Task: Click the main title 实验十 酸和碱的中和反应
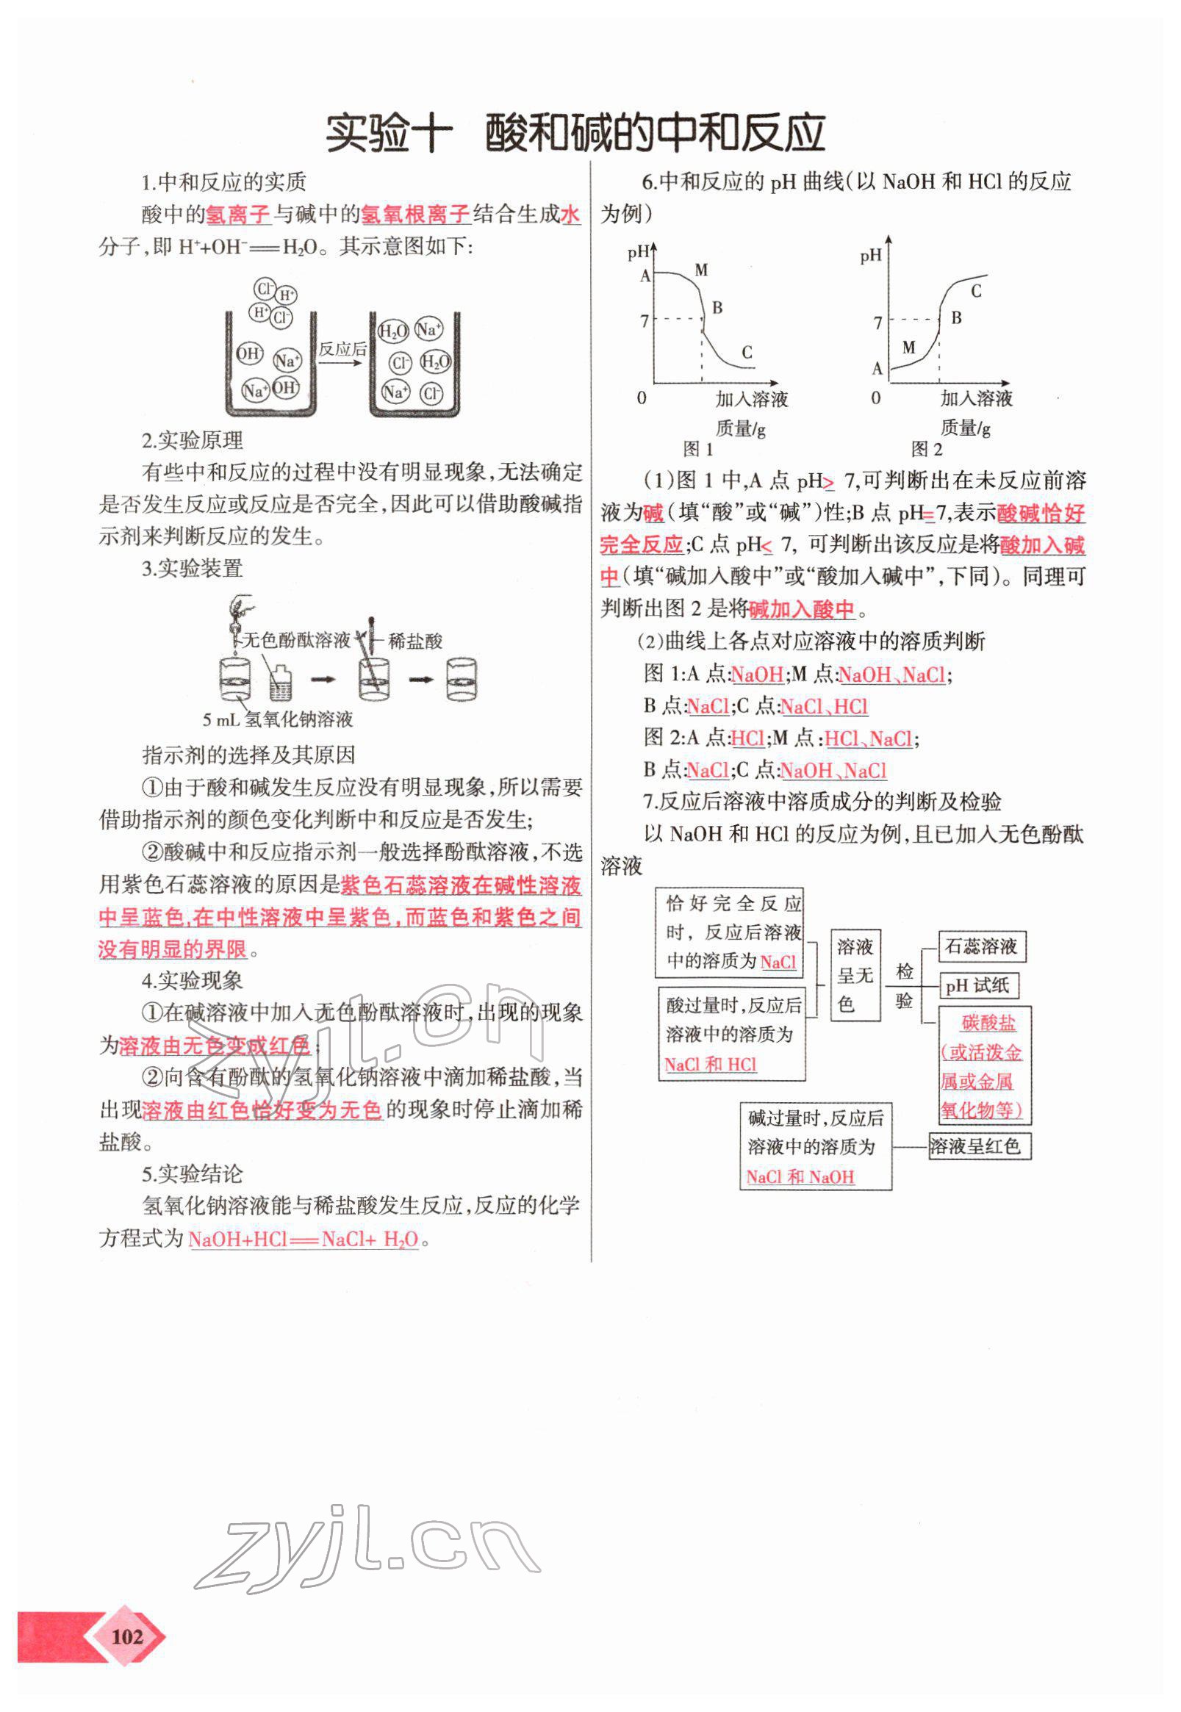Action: pos(575,133)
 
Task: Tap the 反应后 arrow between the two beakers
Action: pos(342,349)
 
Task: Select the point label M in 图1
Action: pos(701,270)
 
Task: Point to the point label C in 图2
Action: pos(975,292)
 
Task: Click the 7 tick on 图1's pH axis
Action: pos(645,320)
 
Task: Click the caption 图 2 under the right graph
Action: pos(927,449)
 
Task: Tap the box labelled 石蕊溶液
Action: pos(981,946)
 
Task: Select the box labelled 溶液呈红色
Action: pos(978,1146)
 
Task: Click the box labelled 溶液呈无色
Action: pos(855,975)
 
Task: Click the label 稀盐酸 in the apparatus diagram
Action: pos(415,641)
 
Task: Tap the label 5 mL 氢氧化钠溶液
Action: pos(278,719)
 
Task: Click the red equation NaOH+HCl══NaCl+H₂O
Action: pos(304,1240)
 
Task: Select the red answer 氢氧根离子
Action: pos(415,215)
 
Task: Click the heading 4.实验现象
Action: pos(192,981)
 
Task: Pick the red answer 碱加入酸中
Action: pos(800,610)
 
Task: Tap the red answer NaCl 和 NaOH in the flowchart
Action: pos(799,1176)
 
